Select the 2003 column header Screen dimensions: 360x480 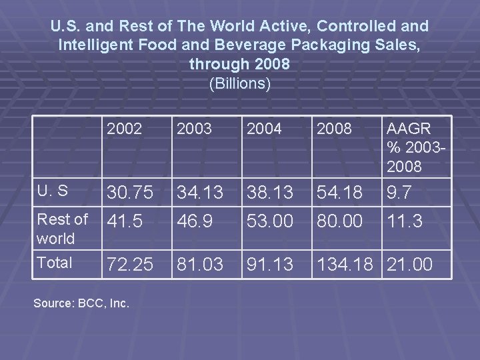coord(193,128)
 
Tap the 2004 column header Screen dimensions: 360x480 coord(264,128)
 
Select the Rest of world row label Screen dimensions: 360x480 coord(62,228)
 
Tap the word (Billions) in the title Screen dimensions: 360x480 coord(240,84)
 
